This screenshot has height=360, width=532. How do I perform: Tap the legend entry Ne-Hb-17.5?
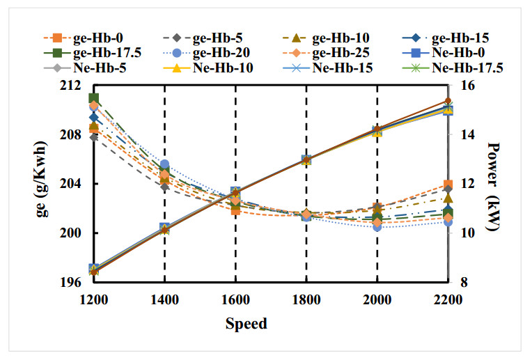tap(467, 68)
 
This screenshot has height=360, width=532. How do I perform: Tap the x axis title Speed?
tap(246, 323)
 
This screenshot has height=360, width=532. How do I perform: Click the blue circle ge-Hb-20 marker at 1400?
tap(164, 165)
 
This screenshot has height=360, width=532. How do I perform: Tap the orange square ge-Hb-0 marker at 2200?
tap(447, 185)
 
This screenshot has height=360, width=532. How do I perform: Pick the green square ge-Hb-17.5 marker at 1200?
tap(93, 98)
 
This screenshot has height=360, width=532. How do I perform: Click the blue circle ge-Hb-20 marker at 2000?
tap(377, 226)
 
